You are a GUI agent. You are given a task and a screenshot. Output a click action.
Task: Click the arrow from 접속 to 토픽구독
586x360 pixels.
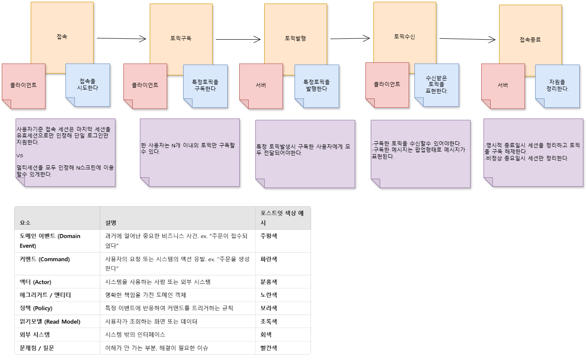click(121, 38)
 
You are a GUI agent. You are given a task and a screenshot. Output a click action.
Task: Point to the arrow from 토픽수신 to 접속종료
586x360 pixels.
click(467, 39)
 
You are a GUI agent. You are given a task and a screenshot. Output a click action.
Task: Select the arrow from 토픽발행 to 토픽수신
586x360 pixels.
click(350, 38)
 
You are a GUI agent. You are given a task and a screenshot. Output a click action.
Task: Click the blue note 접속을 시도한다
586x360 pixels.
click(88, 85)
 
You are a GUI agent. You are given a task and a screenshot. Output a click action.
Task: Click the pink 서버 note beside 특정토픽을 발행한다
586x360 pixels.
click(261, 86)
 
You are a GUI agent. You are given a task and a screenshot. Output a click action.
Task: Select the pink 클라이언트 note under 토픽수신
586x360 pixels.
click(387, 85)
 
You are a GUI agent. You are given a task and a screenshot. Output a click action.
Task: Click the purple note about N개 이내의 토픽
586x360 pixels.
click(190, 152)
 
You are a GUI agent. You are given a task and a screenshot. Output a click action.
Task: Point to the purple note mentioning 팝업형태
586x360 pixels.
click(421, 154)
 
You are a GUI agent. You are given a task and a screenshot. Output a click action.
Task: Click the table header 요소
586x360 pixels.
click(25, 222)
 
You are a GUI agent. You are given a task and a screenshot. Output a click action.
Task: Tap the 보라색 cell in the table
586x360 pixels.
click(269, 308)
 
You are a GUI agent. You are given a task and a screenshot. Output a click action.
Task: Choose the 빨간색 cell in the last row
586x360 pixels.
click(269, 348)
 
